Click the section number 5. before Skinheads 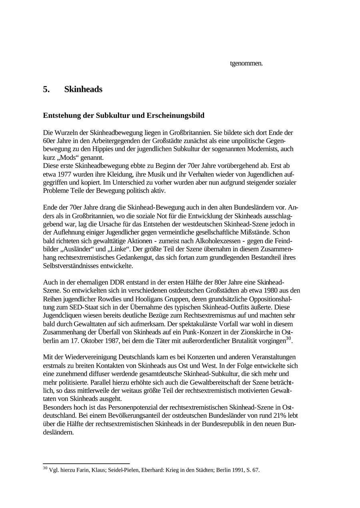tap(46, 90)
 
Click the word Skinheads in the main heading tap(83, 90)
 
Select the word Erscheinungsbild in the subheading tap(176, 116)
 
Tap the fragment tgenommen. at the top tap(246, 63)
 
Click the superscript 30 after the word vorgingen tap(288, 339)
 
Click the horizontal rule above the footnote tap(86, 464)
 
